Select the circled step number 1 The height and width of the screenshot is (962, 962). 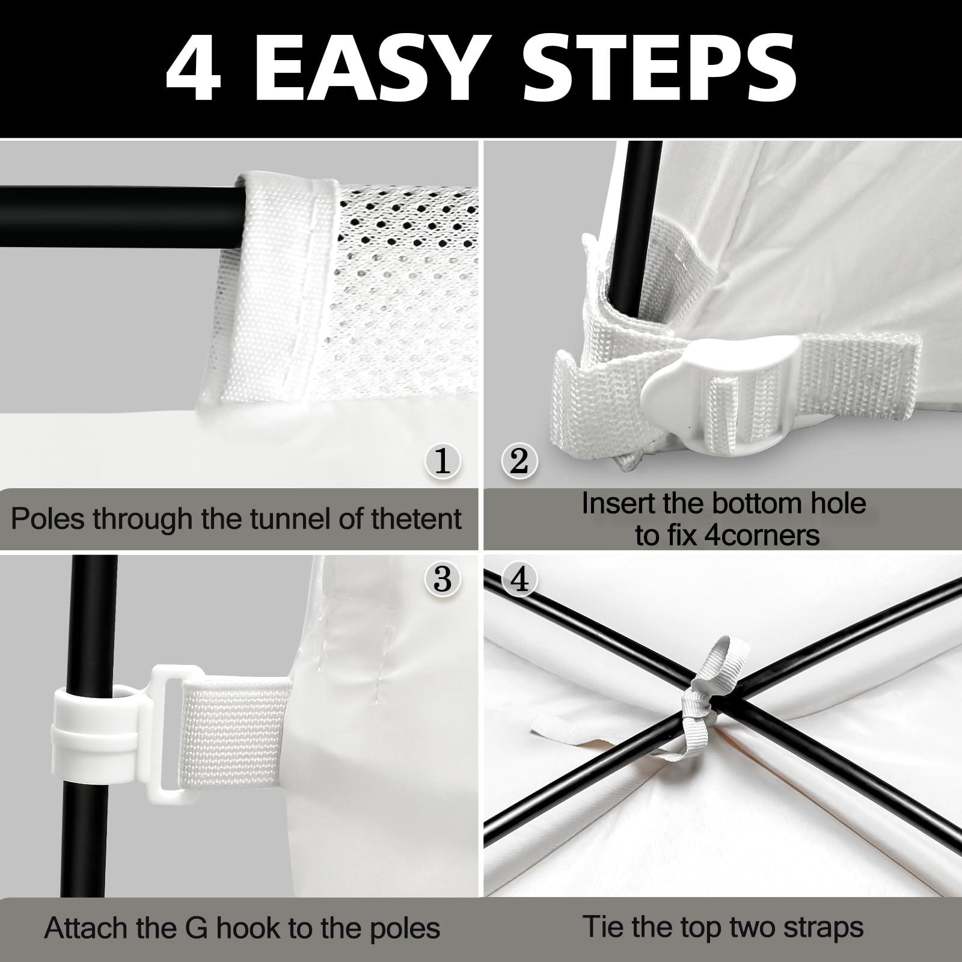pyautogui.click(x=443, y=461)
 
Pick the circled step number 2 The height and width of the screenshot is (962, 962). pyautogui.click(x=519, y=461)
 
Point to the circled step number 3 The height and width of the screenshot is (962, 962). pyautogui.click(x=443, y=579)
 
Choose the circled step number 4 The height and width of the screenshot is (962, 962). pyautogui.click(x=519, y=579)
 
